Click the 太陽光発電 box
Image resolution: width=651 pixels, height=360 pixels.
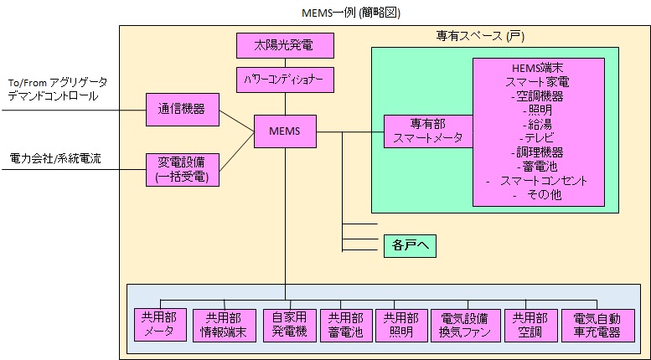tap(285, 44)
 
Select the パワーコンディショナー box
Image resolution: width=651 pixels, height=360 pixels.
tap(285, 80)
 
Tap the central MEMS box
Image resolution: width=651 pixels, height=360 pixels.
tap(285, 131)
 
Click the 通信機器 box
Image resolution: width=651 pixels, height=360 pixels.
tap(182, 110)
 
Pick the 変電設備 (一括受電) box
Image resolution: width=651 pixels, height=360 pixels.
tap(182, 168)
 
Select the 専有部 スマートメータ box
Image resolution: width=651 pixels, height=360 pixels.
tap(428, 132)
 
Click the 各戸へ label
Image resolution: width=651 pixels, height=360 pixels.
tap(410, 245)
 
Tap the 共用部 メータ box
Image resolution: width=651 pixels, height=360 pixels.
tap(158, 324)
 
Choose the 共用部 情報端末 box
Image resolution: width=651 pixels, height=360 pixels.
tap(223, 324)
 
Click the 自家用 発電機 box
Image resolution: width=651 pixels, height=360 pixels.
tap(289, 324)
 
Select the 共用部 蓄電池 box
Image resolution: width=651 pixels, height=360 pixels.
tap(345, 324)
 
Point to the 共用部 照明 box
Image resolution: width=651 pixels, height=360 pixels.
tap(400, 324)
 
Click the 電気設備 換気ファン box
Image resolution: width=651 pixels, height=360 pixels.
tap(464, 324)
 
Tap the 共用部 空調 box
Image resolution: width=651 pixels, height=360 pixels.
tap(530, 324)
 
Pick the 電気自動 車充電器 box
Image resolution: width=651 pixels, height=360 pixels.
tap(597, 324)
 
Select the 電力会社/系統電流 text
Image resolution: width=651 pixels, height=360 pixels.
tap(56, 158)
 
